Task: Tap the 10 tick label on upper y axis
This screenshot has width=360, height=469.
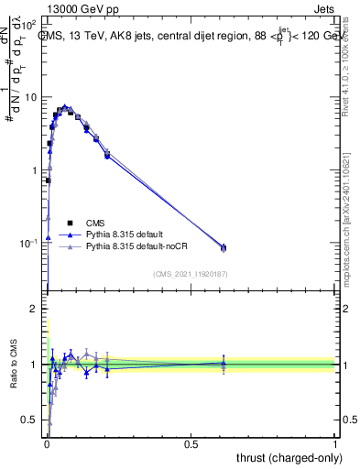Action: [x=31, y=97]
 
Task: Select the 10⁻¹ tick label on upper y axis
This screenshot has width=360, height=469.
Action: [x=29, y=243]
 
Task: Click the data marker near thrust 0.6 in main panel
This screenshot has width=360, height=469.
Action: [x=223, y=248]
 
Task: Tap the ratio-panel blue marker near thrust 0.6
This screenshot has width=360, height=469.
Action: [x=223, y=363]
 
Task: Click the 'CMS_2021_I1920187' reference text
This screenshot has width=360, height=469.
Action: [x=190, y=274]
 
